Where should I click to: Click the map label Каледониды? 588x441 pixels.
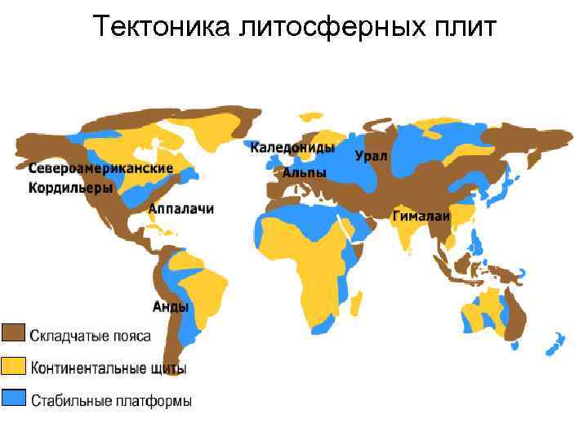pos(292,148)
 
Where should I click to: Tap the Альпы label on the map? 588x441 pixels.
pos(305,173)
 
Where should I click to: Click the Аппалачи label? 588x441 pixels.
pos(180,209)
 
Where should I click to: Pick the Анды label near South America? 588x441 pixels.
pos(171,307)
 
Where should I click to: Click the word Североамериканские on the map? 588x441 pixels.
pos(101,168)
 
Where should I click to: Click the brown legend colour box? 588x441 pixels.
pos(13,334)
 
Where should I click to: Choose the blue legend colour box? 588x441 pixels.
pos(13,398)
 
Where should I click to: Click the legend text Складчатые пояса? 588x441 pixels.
pos(90,335)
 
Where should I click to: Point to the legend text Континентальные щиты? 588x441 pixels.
pos(109,367)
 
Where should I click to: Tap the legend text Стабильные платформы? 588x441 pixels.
pos(112,400)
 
